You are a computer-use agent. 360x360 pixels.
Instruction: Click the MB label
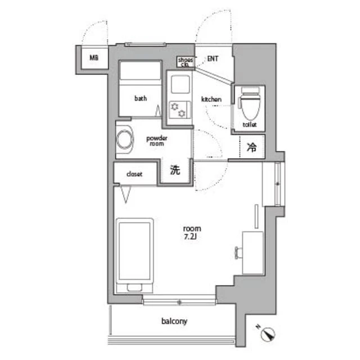tap(94, 57)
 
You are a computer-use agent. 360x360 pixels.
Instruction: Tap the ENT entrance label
tap(213, 58)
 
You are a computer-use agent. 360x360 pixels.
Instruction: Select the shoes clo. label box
tap(186, 62)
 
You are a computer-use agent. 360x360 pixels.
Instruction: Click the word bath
tap(141, 98)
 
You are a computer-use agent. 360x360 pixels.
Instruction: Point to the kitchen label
tap(211, 99)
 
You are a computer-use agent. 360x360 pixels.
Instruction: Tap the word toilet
tap(250, 124)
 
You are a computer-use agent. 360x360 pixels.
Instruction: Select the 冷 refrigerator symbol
tap(251, 147)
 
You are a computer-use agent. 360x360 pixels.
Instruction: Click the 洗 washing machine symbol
tap(175, 170)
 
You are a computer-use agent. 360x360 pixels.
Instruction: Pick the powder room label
tap(157, 141)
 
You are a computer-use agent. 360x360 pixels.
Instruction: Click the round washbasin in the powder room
tap(125, 139)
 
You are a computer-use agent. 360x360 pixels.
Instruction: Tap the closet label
tap(134, 174)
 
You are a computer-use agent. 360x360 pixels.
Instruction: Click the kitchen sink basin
tap(180, 84)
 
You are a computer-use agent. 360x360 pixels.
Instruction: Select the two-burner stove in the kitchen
tap(180, 110)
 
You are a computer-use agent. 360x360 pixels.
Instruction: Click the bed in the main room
tap(135, 256)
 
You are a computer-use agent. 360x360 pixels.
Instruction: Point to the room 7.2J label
tap(192, 232)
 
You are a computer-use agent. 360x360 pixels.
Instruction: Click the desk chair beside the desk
tap(238, 253)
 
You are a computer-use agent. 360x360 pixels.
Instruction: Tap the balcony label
tap(174, 321)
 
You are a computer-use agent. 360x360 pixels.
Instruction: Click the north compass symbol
tap(268, 334)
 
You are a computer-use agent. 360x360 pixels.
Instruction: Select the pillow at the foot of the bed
tap(134, 287)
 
